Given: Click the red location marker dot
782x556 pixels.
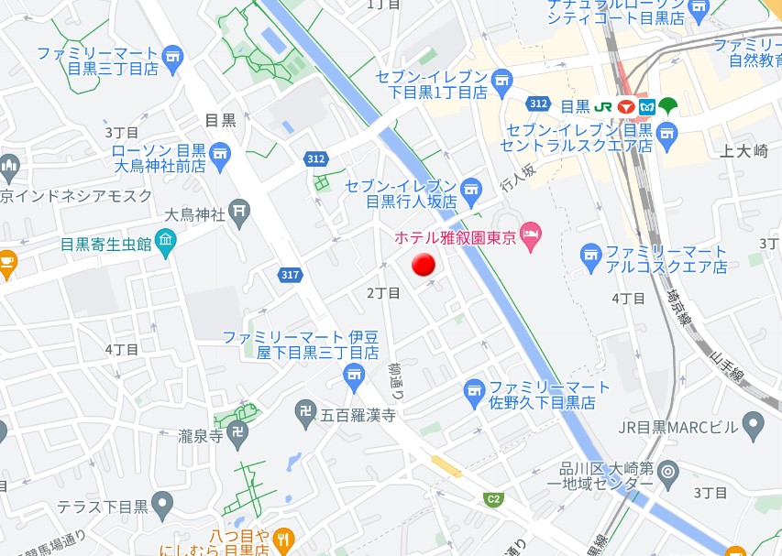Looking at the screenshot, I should point(423,266).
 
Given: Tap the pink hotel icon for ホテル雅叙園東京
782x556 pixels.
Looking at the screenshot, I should point(530,236).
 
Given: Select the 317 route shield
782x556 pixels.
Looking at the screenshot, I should point(291,275).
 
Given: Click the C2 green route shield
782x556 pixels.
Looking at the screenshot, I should point(494,499).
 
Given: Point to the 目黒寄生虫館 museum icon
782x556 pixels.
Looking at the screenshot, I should point(165,243).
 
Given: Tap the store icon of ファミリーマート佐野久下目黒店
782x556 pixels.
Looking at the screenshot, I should point(474,394).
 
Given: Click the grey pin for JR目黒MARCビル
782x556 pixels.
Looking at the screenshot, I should point(753,423).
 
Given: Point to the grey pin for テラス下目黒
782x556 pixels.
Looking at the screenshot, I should point(162,503).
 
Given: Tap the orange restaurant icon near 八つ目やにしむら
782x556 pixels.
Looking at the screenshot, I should point(284,540).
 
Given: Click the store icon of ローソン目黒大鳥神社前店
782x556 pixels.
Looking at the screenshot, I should point(220,157).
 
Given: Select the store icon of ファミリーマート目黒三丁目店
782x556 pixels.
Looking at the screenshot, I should point(172,61).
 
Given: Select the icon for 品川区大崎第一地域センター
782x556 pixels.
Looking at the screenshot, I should point(668,473).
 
